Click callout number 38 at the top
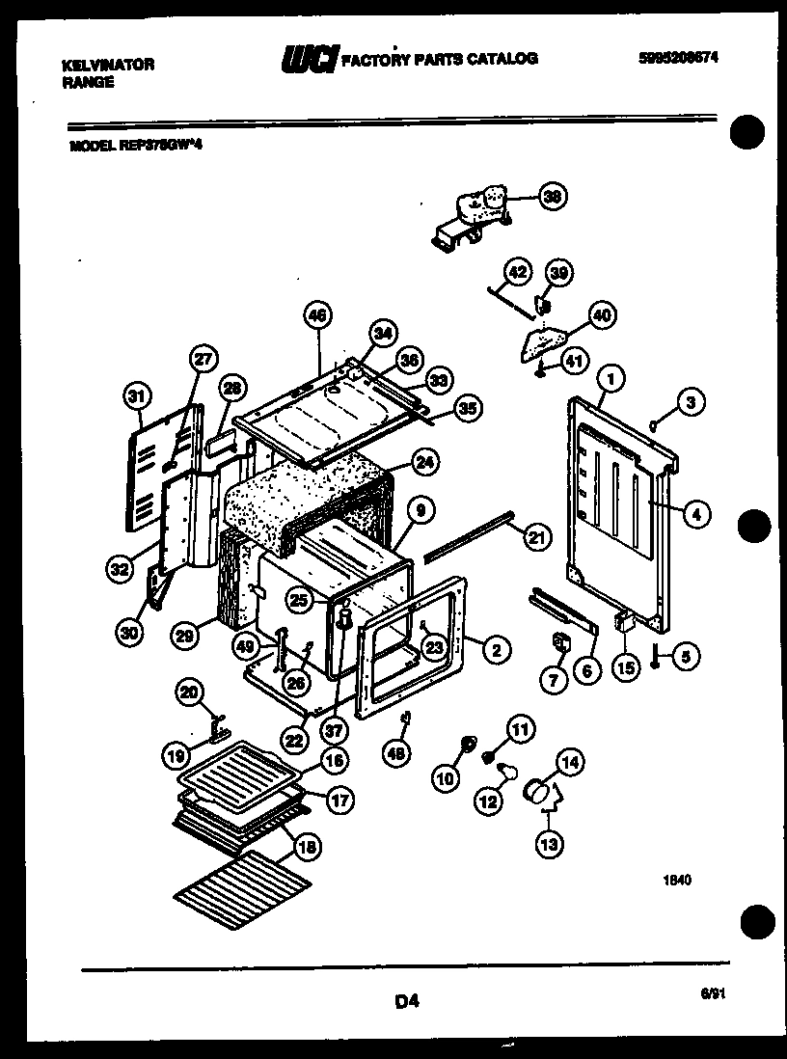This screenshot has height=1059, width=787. [553, 197]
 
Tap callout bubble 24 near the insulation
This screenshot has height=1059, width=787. [421, 462]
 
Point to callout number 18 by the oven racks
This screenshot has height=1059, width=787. [306, 849]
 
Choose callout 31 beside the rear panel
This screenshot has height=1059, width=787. [139, 395]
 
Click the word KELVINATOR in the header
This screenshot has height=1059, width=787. [107, 65]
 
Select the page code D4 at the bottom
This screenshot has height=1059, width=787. [406, 1001]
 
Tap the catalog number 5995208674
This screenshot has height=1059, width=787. [679, 58]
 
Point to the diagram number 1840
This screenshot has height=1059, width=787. [676, 880]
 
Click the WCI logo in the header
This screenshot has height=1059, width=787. [308, 60]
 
